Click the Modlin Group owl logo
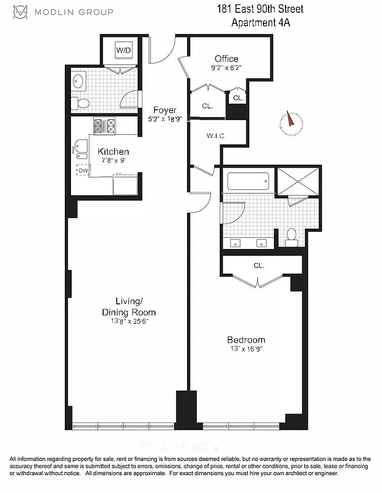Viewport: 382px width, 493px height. point(21,12)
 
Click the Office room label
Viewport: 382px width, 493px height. point(226,59)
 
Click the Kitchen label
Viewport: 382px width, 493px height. point(114,152)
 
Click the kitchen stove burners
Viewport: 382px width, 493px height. point(104,126)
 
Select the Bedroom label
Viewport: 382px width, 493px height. point(246,340)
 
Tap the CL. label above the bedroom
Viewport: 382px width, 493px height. point(259,266)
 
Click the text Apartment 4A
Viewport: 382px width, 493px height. point(260,23)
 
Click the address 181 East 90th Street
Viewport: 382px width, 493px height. point(260,10)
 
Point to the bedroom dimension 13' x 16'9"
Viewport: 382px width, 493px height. point(246,350)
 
